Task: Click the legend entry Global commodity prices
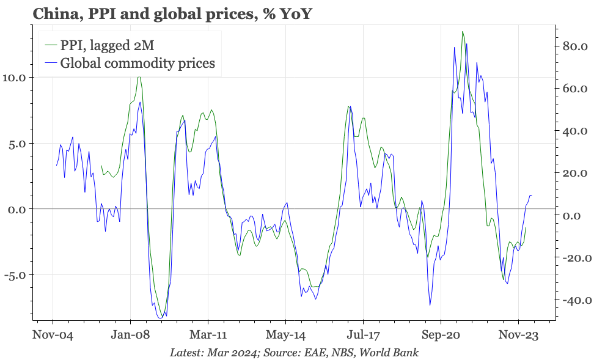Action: (x=137, y=63)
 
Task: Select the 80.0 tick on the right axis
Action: (x=574, y=46)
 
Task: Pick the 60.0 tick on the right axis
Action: (x=574, y=89)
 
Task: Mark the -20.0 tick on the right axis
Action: (x=573, y=258)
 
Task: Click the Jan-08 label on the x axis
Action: (x=130, y=336)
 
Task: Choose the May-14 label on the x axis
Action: (x=285, y=336)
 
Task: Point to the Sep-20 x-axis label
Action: (x=441, y=336)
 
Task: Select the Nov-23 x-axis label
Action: (x=518, y=336)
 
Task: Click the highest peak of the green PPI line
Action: (x=463, y=31)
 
